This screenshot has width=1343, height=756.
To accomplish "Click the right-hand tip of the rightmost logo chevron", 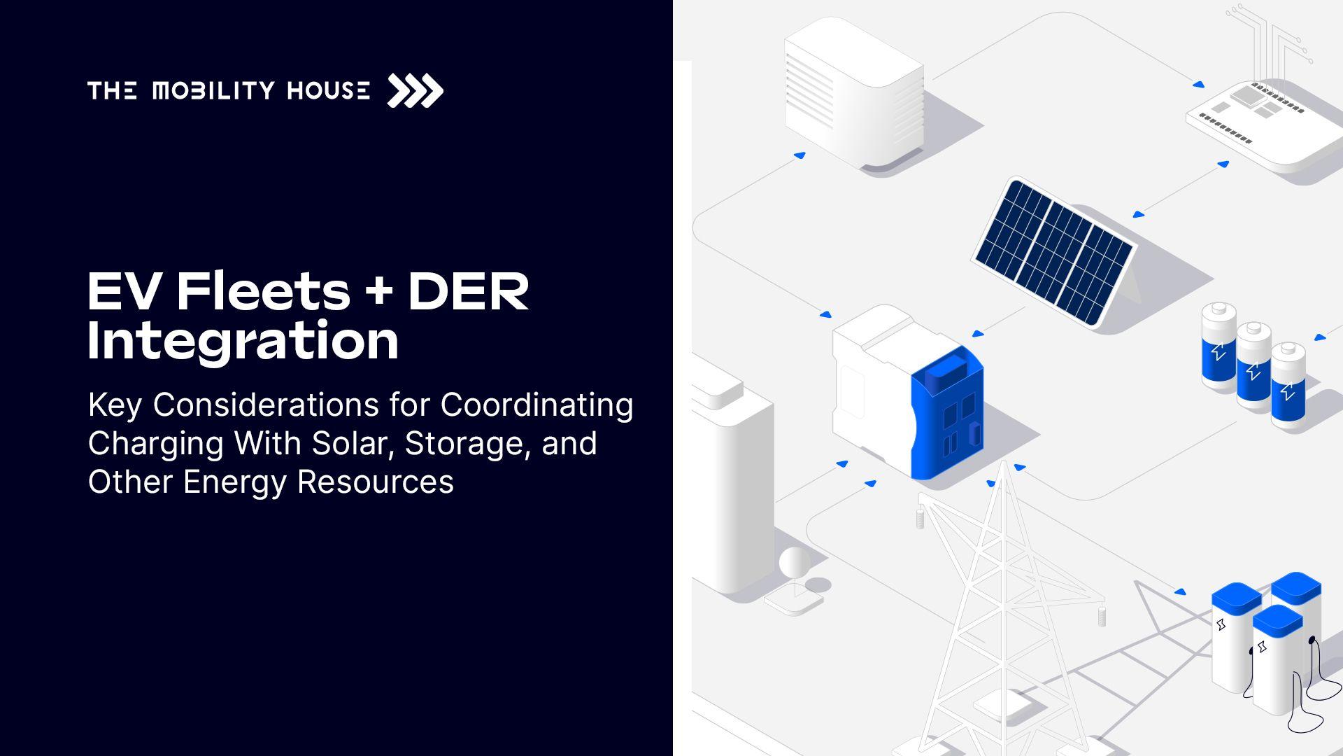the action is click(443, 91).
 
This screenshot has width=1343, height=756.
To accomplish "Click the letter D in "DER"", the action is click(429, 291).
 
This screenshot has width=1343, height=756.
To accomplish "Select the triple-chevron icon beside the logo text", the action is click(415, 91).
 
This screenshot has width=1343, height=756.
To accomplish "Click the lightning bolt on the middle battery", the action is click(1253, 370).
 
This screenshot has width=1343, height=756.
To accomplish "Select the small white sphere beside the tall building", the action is click(795, 562).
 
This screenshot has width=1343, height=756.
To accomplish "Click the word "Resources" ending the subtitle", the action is click(375, 482).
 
